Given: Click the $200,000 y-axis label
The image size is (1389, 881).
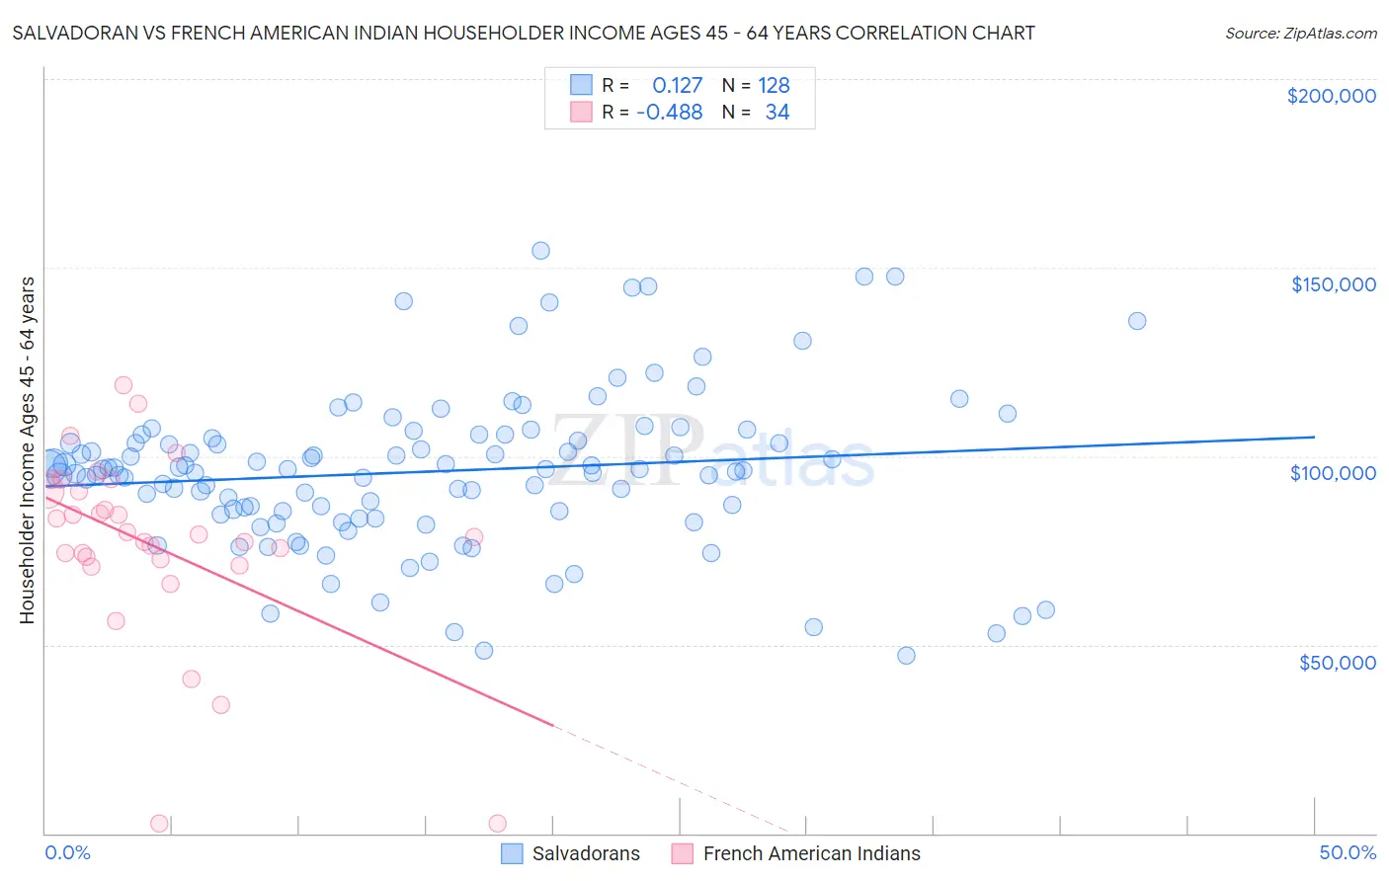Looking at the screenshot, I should coord(1331,96).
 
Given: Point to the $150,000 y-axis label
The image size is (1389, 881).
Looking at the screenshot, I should coord(1333,284).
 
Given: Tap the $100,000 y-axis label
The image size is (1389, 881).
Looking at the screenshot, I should coord(1333,473).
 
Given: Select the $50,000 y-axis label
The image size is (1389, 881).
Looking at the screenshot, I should coord(1337,662).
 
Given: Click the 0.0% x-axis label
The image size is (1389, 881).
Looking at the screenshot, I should coord(67,852).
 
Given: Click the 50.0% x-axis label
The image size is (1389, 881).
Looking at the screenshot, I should coord(1348,852).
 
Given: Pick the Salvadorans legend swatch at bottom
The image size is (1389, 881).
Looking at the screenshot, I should coord(512,853).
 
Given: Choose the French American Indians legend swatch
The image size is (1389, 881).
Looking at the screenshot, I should coord(683,853).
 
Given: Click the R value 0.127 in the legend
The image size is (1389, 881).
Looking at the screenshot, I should coord(677,85).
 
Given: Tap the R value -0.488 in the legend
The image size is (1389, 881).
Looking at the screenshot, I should coord(669,112).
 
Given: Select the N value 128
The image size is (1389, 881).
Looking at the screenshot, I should coord(774,85).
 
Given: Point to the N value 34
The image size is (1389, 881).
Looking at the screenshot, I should coord(777,112).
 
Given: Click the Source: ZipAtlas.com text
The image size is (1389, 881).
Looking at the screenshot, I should coord(1300,33).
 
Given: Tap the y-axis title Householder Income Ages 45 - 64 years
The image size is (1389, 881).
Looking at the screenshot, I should coord(27,450).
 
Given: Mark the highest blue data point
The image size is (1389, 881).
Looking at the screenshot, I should coord(540,251).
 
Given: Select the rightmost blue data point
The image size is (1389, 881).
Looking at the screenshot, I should coord(1137,321).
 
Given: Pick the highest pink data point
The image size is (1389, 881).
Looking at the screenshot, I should coord(123,385).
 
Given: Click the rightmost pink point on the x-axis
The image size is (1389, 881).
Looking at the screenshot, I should coord(498,824).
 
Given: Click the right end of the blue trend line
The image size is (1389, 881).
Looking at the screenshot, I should coord(1314,437).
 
